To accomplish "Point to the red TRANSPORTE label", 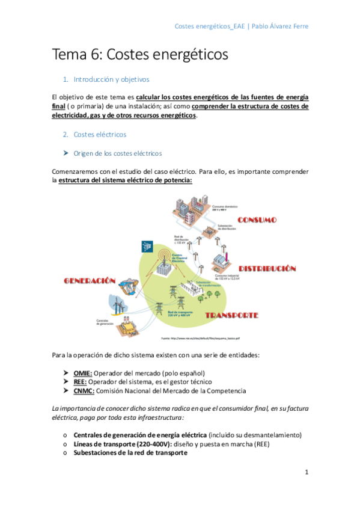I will (x=231, y=315).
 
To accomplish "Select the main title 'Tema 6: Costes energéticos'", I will (x=141, y=54).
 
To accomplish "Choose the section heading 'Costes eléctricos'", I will (x=100, y=134).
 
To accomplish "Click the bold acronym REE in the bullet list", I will (x=80, y=382).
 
